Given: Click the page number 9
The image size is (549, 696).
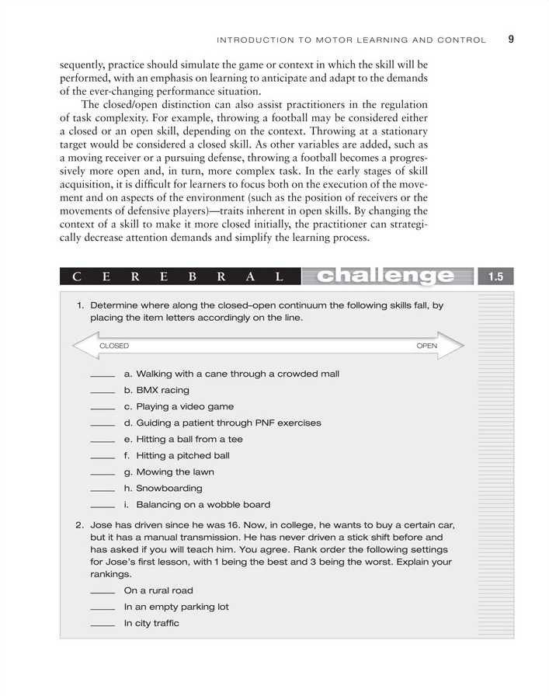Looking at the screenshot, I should click(x=511, y=39).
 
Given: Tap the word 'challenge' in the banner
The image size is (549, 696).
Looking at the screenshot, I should click(x=386, y=276).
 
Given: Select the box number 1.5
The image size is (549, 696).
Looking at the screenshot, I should click(x=496, y=277).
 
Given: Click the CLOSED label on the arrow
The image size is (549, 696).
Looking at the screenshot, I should click(x=114, y=346).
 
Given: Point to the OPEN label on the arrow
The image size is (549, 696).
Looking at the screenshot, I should click(x=426, y=346).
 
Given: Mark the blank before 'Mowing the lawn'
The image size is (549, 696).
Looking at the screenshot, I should click(x=103, y=474).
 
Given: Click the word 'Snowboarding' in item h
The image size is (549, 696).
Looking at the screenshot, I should click(x=169, y=489).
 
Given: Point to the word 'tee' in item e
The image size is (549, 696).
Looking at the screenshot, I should click(x=235, y=440).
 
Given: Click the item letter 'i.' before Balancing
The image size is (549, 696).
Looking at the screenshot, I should click(x=127, y=505).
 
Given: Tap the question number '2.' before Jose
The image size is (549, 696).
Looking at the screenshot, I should click(x=80, y=525).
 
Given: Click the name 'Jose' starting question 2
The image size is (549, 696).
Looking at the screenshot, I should click(x=102, y=525).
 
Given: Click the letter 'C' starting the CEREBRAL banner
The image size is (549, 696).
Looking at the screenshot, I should click(x=77, y=277).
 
